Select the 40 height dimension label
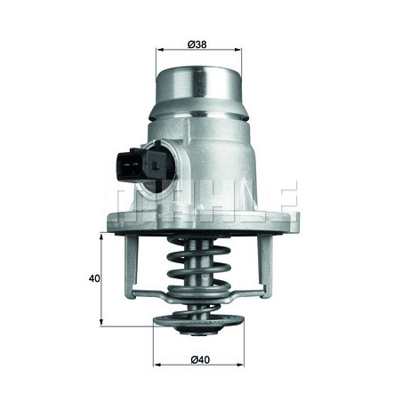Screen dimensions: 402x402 point(95,277)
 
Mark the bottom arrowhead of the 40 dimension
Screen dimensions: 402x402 point(104,321)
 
